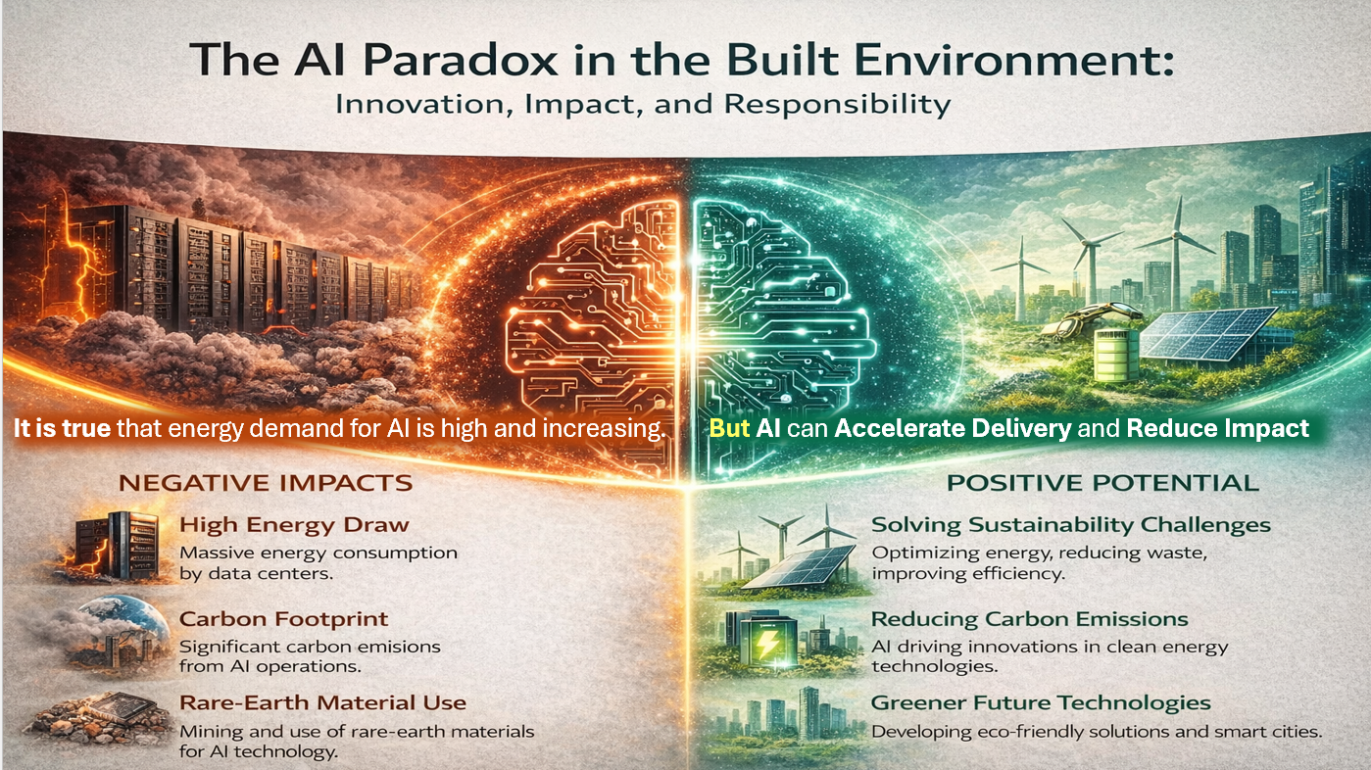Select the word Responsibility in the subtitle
[837, 104]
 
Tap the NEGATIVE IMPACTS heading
[266, 483]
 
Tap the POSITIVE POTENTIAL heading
[1102, 483]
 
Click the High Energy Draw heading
[294, 525]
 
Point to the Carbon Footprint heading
[283, 619]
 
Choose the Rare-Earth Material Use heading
[322, 702]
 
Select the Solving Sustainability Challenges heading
[1071, 525]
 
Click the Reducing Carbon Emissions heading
[1029, 619]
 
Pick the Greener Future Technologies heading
[1041, 702]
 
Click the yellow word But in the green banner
[729, 428]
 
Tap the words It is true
[62, 428]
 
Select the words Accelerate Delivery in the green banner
[953, 428]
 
